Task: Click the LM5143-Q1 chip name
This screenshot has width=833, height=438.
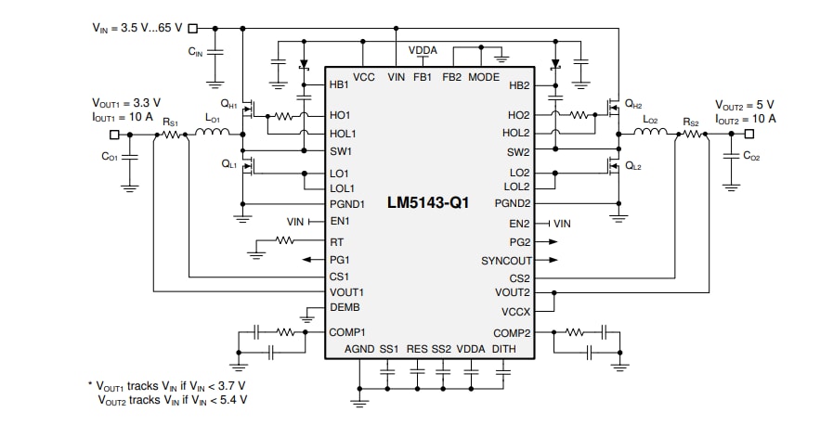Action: pos(428,202)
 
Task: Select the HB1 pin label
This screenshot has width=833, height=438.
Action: pos(339,84)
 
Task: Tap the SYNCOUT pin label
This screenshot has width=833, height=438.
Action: pos(506,260)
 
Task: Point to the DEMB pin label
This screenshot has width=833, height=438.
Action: pos(345,308)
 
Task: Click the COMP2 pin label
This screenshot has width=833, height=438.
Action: pos(512,332)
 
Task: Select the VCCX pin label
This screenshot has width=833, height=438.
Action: pos(515,312)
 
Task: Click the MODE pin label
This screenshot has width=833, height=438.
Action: pos(484,77)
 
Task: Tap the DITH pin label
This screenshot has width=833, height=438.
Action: pos(503,349)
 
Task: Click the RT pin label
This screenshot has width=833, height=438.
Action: pos(336,241)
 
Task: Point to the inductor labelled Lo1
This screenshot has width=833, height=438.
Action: pos(213,135)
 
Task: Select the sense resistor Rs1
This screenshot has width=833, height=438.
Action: pos(171,135)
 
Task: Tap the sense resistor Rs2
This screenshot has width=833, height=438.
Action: pos(690,135)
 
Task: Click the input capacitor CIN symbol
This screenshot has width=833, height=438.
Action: pos(215,53)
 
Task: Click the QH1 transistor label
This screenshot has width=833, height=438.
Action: pos(228,105)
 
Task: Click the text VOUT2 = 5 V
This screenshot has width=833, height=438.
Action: pos(744,105)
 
